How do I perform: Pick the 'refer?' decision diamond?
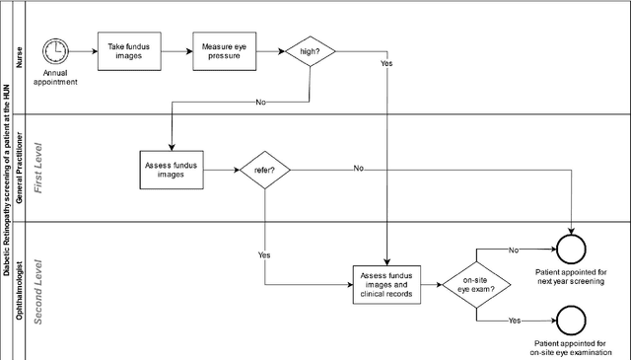[266, 169]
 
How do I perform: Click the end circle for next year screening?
[572, 249]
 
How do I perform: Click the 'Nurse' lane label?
[19, 59]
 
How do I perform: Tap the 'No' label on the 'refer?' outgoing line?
[359, 169]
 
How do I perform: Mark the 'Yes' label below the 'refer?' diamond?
[264, 255]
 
